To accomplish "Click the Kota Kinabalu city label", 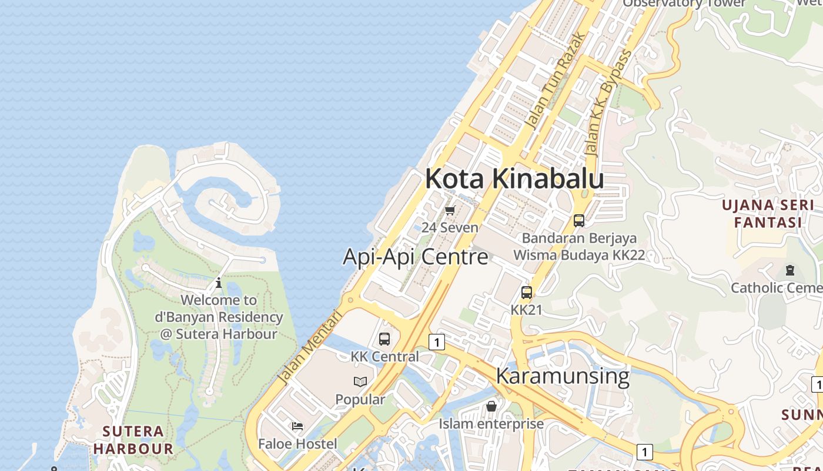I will click(x=514, y=178).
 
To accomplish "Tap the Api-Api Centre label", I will click(x=415, y=257).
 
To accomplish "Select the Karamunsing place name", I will click(x=563, y=376).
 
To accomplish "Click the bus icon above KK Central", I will click(x=384, y=339).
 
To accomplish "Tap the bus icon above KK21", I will click(x=527, y=292).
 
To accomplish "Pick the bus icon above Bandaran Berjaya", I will click(x=579, y=221).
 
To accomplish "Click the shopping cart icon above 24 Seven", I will click(x=450, y=210).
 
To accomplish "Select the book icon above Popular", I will click(x=360, y=382).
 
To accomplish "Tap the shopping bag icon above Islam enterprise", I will click(x=491, y=406).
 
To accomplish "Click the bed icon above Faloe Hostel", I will click(x=297, y=426).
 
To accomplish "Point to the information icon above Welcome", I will click(x=219, y=283).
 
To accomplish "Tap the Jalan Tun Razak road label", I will click(x=555, y=80).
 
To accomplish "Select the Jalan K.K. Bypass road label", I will click(x=609, y=103).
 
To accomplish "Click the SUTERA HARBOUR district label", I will click(x=133, y=440).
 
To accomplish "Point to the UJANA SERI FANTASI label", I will click(x=768, y=214).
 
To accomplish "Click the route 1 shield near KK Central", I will click(x=436, y=341).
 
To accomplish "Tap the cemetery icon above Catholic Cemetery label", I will click(x=789, y=270).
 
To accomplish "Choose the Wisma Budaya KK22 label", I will click(x=579, y=256).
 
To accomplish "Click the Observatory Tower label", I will click(x=684, y=3).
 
